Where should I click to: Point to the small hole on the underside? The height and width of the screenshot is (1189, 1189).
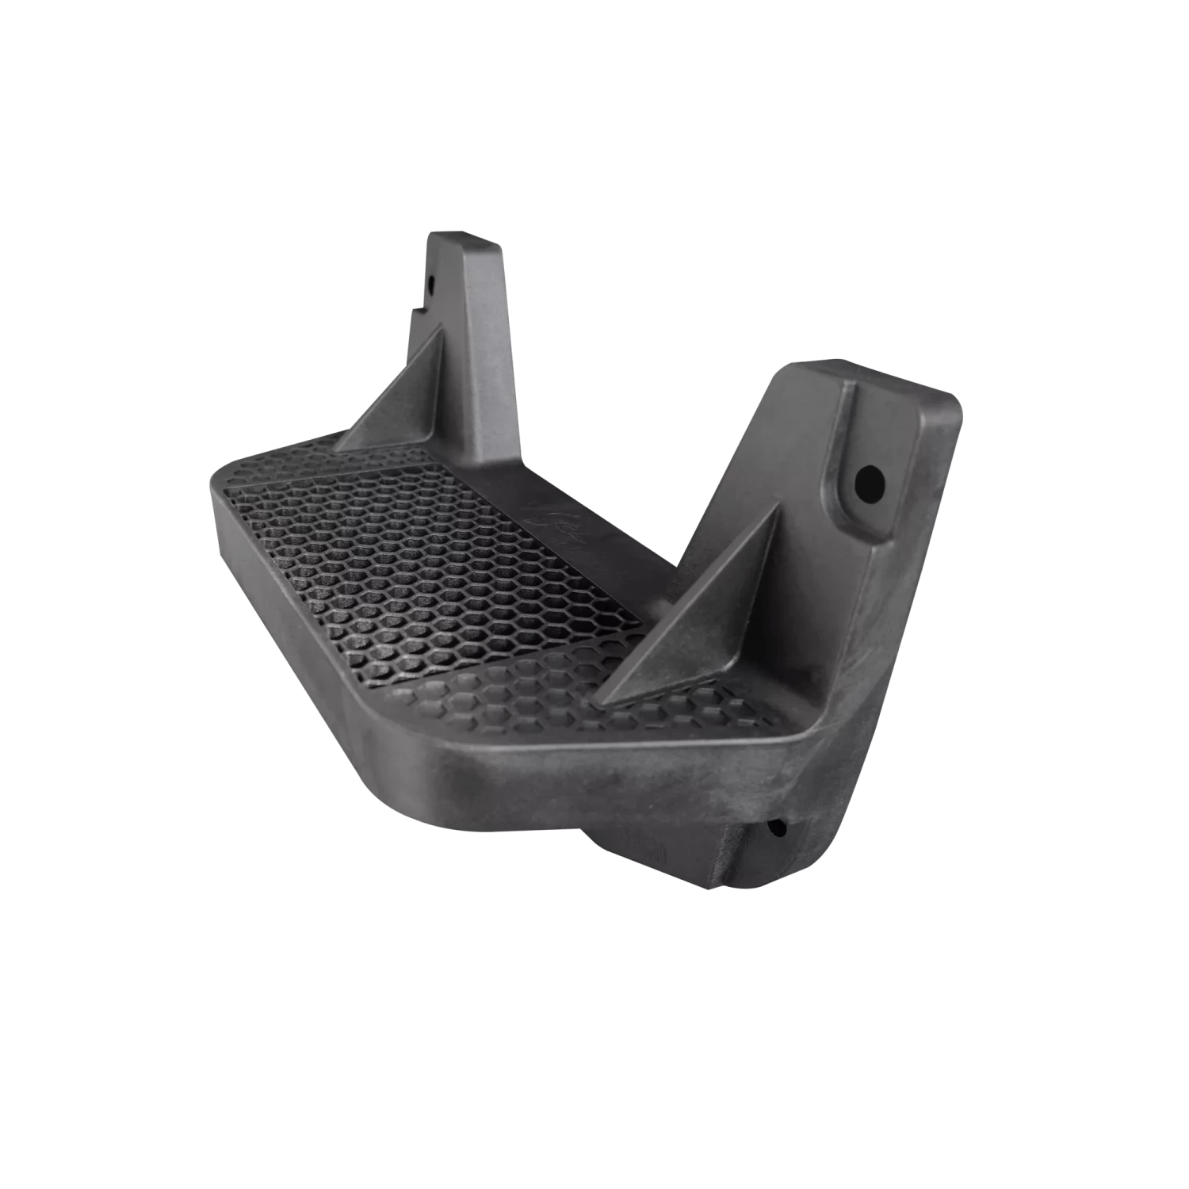777,829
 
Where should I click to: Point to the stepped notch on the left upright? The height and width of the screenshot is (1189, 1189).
414,311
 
